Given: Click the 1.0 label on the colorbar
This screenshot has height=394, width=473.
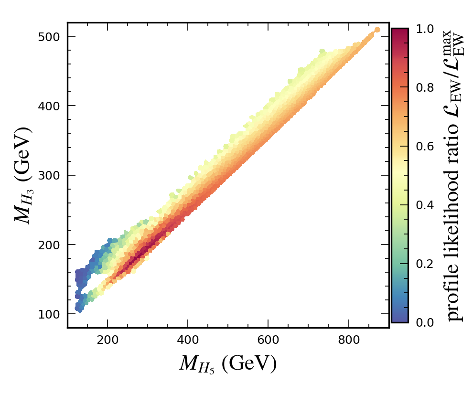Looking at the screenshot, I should [424, 29].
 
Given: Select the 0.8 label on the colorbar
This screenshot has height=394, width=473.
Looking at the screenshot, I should [424, 88].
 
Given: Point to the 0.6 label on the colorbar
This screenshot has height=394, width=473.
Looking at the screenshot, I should [424, 147].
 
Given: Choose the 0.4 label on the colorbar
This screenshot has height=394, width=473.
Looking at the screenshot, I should [424, 205].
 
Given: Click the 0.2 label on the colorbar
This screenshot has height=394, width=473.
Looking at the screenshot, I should [424, 264].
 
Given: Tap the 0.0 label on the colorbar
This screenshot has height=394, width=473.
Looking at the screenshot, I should [424, 323].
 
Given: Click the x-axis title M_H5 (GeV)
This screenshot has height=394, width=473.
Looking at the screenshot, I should [228, 364].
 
